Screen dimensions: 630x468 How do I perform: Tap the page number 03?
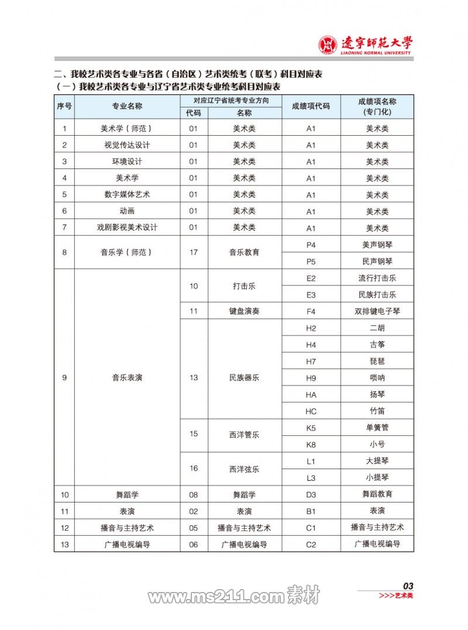click(408, 586)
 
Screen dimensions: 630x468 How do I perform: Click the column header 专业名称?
click(127, 106)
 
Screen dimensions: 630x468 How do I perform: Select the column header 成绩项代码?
click(311, 106)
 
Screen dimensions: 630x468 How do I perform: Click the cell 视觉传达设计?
click(127, 145)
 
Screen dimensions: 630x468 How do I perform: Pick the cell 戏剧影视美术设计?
click(127, 228)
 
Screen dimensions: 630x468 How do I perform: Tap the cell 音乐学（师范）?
click(127, 253)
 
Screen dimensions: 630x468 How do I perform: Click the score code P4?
click(311, 245)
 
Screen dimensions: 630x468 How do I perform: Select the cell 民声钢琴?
click(377, 261)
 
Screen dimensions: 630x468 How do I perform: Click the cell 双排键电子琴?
click(377, 311)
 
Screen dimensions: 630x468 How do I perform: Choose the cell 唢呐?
click(377, 378)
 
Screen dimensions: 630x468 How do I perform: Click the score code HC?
click(311, 411)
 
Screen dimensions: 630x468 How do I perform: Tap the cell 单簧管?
click(377, 428)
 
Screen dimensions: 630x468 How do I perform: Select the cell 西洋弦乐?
click(245, 469)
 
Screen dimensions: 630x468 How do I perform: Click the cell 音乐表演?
click(127, 378)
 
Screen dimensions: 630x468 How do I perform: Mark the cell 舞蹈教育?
click(377, 494)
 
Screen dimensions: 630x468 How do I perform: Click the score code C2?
click(311, 544)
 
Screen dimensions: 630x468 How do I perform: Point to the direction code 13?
click(194, 378)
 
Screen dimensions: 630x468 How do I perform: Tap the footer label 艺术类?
click(404, 595)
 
